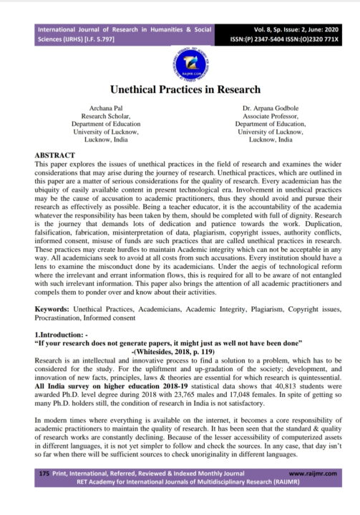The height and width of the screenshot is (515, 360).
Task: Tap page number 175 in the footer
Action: [x=44, y=494]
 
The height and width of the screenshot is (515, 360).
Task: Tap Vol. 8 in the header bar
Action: [x=254, y=29]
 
